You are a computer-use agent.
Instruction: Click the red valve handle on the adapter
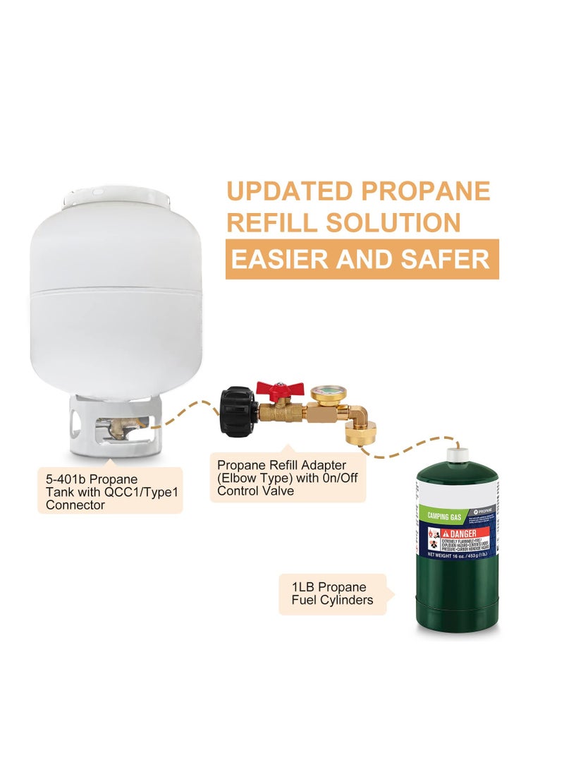coord(280,387)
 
